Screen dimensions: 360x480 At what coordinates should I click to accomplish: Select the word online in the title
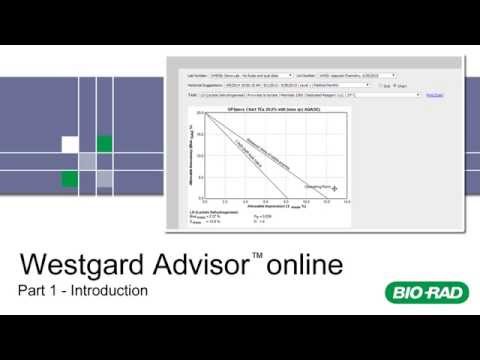tap(303, 266)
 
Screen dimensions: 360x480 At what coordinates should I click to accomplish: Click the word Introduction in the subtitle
tap(106, 292)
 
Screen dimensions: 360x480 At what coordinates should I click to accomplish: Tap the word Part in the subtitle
tap(34, 292)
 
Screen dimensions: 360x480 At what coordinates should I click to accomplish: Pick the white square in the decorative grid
tap(71, 145)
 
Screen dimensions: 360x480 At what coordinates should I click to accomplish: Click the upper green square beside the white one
tap(104, 145)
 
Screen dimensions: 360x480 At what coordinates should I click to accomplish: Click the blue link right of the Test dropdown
tap(434, 95)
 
